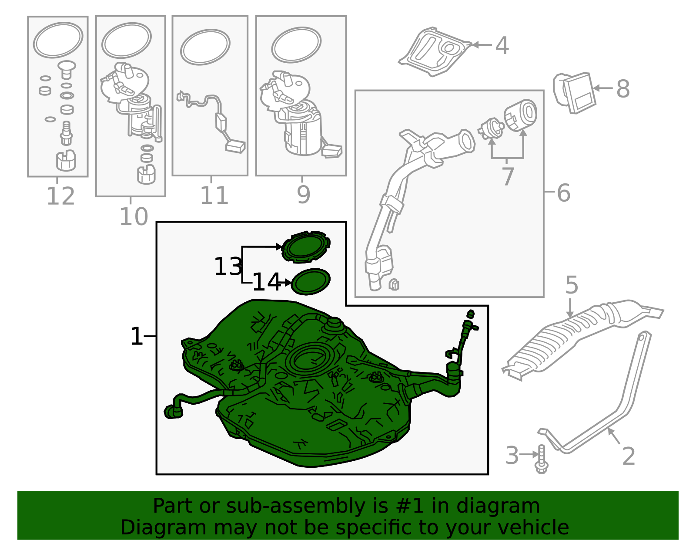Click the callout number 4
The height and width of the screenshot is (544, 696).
pyautogui.click(x=502, y=46)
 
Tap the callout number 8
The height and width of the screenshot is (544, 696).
pyautogui.click(x=623, y=89)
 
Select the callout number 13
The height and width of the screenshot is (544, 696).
pyautogui.click(x=228, y=267)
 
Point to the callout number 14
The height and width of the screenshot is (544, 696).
pyautogui.click(x=266, y=282)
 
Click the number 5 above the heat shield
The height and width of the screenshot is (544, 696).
pyautogui.click(x=571, y=285)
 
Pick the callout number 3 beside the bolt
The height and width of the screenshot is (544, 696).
pyautogui.click(x=512, y=456)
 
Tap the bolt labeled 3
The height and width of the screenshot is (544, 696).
pyautogui.click(x=541, y=460)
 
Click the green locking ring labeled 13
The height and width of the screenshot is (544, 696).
pyautogui.click(x=305, y=247)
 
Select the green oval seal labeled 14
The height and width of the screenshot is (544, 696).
pyautogui.click(x=311, y=281)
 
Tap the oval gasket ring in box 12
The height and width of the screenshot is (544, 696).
pyautogui.click(x=58, y=40)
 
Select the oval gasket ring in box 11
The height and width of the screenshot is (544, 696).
pyautogui.click(x=205, y=47)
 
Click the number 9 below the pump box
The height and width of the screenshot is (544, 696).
pyautogui.click(x=303, y=195)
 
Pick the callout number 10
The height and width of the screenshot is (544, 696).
pyautogui.click(x=134, y=216)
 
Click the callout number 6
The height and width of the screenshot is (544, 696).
pyautogui.click(x=563, y=193)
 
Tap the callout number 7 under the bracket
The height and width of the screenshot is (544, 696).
pyautogui.click(x=508, y=176)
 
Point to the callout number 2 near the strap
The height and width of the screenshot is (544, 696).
pyautogui.click(x=629, y=456)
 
